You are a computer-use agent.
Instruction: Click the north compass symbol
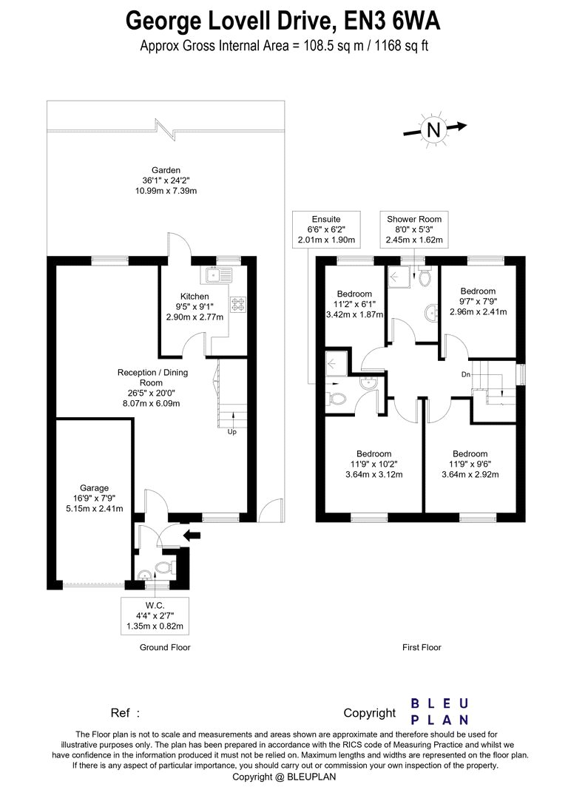click(433, 129)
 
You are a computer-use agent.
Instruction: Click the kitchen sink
click(220, 275)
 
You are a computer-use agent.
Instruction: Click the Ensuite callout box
click(326, 229)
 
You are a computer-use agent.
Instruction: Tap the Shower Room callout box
click(414, 229)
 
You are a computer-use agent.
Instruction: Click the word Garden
click(161, 170)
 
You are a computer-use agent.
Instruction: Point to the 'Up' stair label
click(232, 432)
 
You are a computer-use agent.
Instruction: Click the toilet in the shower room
click(425, 277)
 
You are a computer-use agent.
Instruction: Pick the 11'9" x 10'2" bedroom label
click(374, 465)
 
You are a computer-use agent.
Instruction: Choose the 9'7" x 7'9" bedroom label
click(478, 301)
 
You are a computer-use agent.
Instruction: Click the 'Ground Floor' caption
click(165, 647)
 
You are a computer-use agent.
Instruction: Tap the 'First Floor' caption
click(422, 647)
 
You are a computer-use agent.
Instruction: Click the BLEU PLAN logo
click(439, 711)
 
